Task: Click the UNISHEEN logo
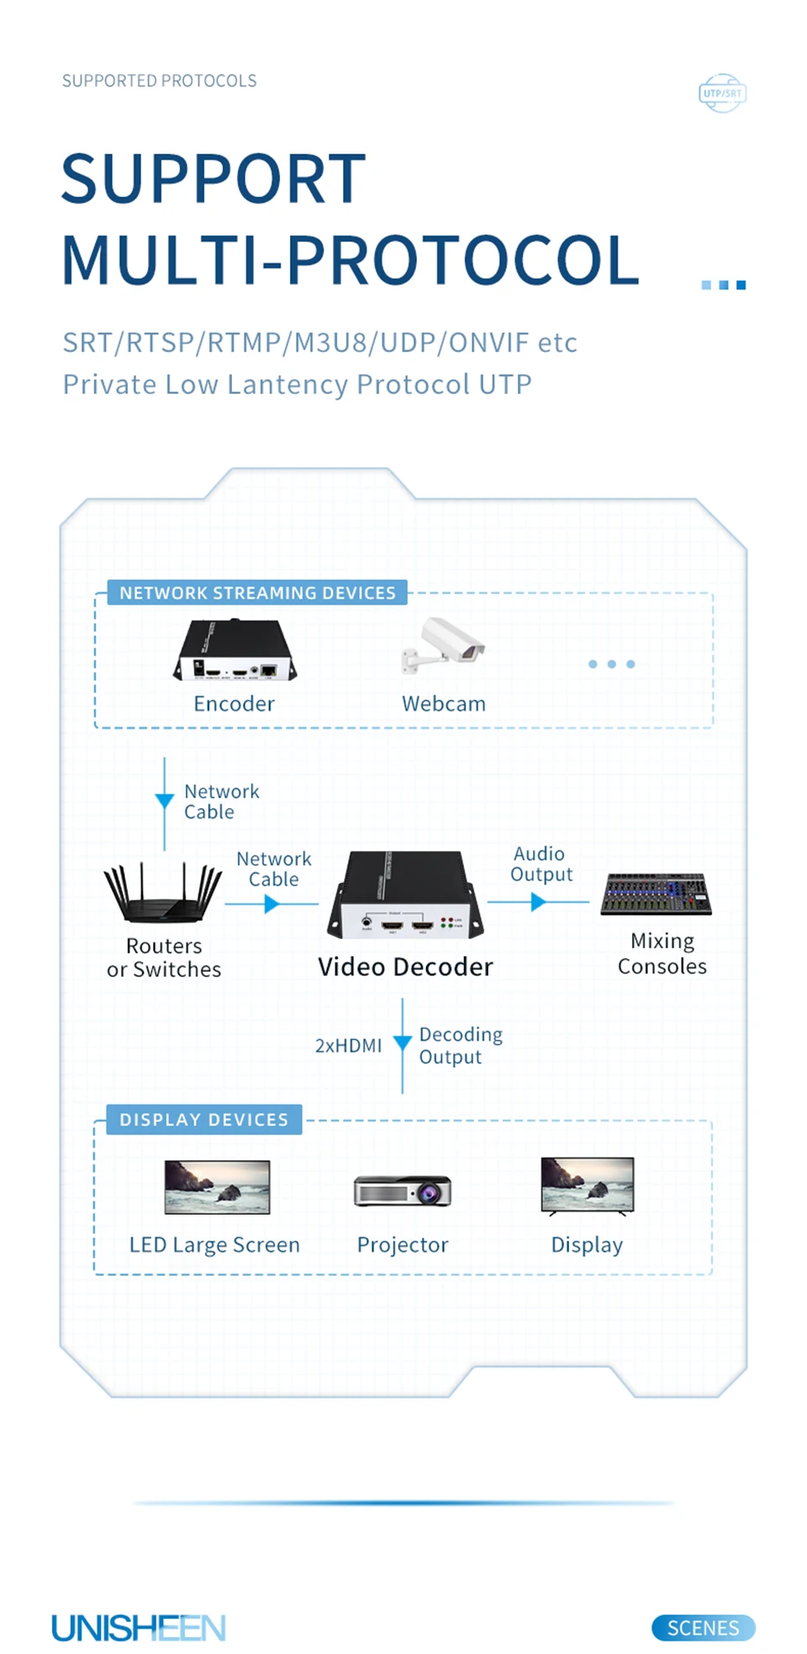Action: tap(139, 1628)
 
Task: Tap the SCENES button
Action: tap(703, 1628)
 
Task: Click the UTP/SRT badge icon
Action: tap(722, 93)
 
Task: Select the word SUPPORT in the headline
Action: tap(214, 179)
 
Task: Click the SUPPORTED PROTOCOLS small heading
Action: tap(159, 81)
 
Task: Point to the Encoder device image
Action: tap(235, 651)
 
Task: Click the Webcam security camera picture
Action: tap(444, 645)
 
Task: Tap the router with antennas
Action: tap(162, 894)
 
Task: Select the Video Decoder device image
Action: tap(405, 895)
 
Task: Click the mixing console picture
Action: tap(656, 894)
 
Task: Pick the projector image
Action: tap(403, 1191)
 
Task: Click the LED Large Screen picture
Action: tap(217, 1187)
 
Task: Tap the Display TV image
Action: tap(587, 1186)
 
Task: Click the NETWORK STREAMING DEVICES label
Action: tap(257, 593)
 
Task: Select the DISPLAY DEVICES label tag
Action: tap(203, 1120)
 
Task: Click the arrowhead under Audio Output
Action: tap(538, 902)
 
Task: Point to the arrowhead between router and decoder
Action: tap(272, 904)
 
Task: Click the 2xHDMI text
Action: tap(348, 1046)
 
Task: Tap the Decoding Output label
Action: tap(461, 1046)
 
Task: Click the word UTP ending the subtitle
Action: tap(505, 385)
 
